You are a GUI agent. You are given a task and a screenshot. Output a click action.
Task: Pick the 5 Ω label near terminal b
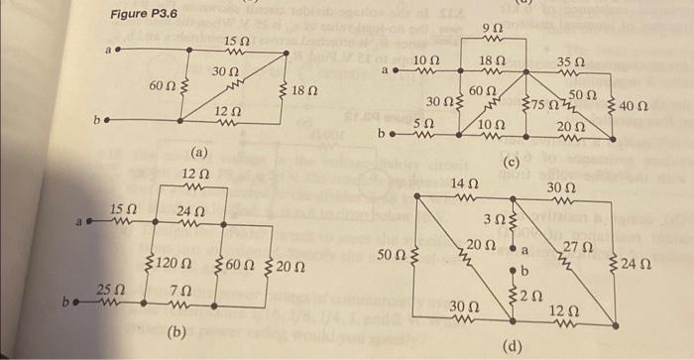tap(423, 120)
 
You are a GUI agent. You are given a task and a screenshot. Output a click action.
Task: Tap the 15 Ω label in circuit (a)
tap(237, 41)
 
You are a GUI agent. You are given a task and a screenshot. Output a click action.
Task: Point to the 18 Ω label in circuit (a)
tap(303, 92)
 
